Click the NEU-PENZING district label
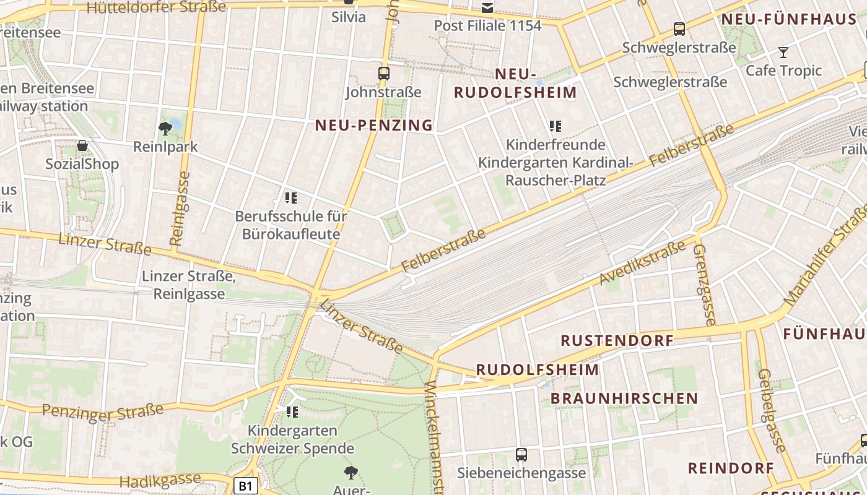[373, 125]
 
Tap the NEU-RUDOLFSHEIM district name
[515, 84]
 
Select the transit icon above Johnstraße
[384, 74]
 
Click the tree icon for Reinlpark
[165, 129]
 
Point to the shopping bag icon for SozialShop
[82, 146]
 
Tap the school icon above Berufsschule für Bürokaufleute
[291, 198]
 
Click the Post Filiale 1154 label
[487, 25]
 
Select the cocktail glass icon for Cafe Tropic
[783, 53]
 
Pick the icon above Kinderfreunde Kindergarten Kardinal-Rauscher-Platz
[555, 126]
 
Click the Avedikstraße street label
[642, 263]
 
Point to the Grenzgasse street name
[704, 285]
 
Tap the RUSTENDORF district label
[617, 340]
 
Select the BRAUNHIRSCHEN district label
[624, 398]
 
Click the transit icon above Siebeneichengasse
[521, 455]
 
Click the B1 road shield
[246, 486]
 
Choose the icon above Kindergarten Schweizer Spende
[292, 411]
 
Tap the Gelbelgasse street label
[772, 410]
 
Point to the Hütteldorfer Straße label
[156, 7]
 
